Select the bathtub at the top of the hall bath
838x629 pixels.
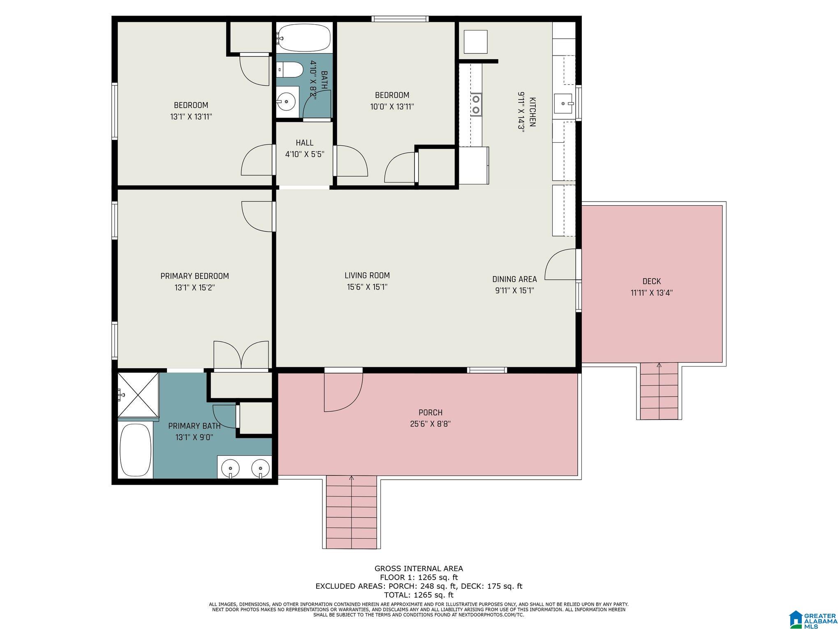click(304, 37)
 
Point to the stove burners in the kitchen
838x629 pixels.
click(476, 104)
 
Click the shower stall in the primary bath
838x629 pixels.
click(138, 396)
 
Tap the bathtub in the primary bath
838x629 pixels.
click(135, 450)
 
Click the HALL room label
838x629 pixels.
click(305, 143)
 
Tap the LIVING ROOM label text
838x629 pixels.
click(367, 276)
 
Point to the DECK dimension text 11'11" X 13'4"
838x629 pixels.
click(652, 293)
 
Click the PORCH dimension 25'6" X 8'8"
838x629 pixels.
click(431, 424)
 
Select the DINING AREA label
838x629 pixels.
click(514, 279)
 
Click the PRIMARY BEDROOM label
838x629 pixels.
click(194, 276)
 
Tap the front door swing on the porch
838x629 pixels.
click(343, 392)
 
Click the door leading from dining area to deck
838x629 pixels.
click(560, 265)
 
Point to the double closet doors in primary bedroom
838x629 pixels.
click(241, 355)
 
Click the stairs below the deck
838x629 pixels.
click(659, 391)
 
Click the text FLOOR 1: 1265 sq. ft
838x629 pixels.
click(419, 577)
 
